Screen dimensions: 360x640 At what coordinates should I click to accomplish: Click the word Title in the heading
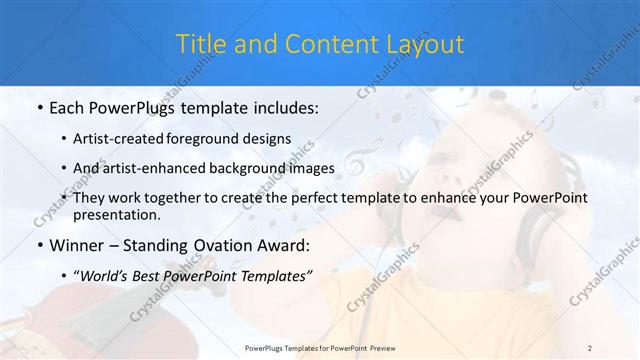200,45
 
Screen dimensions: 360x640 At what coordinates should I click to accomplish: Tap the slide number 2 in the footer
591,347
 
